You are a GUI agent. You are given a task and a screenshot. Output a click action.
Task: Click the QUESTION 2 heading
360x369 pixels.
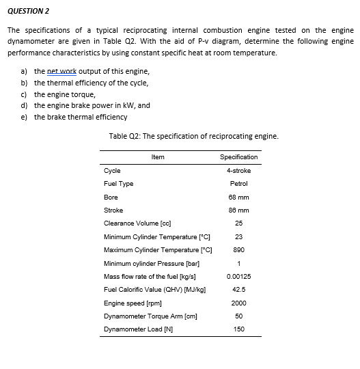point(29,12)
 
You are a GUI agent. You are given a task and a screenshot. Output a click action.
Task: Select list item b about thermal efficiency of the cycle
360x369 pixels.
point(91,83)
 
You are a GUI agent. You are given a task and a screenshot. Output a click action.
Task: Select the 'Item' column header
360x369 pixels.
point(157,157)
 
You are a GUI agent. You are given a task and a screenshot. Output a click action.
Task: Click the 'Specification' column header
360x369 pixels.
point(238,157)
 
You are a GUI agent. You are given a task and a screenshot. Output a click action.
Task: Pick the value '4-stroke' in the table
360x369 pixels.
point(238,170)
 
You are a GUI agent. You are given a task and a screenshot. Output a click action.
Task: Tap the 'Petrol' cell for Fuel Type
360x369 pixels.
point(238,183)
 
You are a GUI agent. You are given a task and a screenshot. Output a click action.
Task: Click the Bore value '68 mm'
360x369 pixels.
point(238,197)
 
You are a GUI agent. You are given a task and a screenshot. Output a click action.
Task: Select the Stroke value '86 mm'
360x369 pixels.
point(238,210)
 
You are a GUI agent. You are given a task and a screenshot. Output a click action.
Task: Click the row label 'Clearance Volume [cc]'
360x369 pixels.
point(137,223)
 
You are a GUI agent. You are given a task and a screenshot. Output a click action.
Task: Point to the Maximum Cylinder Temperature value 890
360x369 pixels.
point(238,249)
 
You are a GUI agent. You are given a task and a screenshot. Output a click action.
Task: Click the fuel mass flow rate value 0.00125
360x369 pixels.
point(238,276)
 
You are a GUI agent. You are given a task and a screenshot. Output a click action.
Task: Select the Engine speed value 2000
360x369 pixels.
point(238,303)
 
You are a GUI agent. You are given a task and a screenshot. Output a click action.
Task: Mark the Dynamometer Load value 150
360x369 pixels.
point(238,329)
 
